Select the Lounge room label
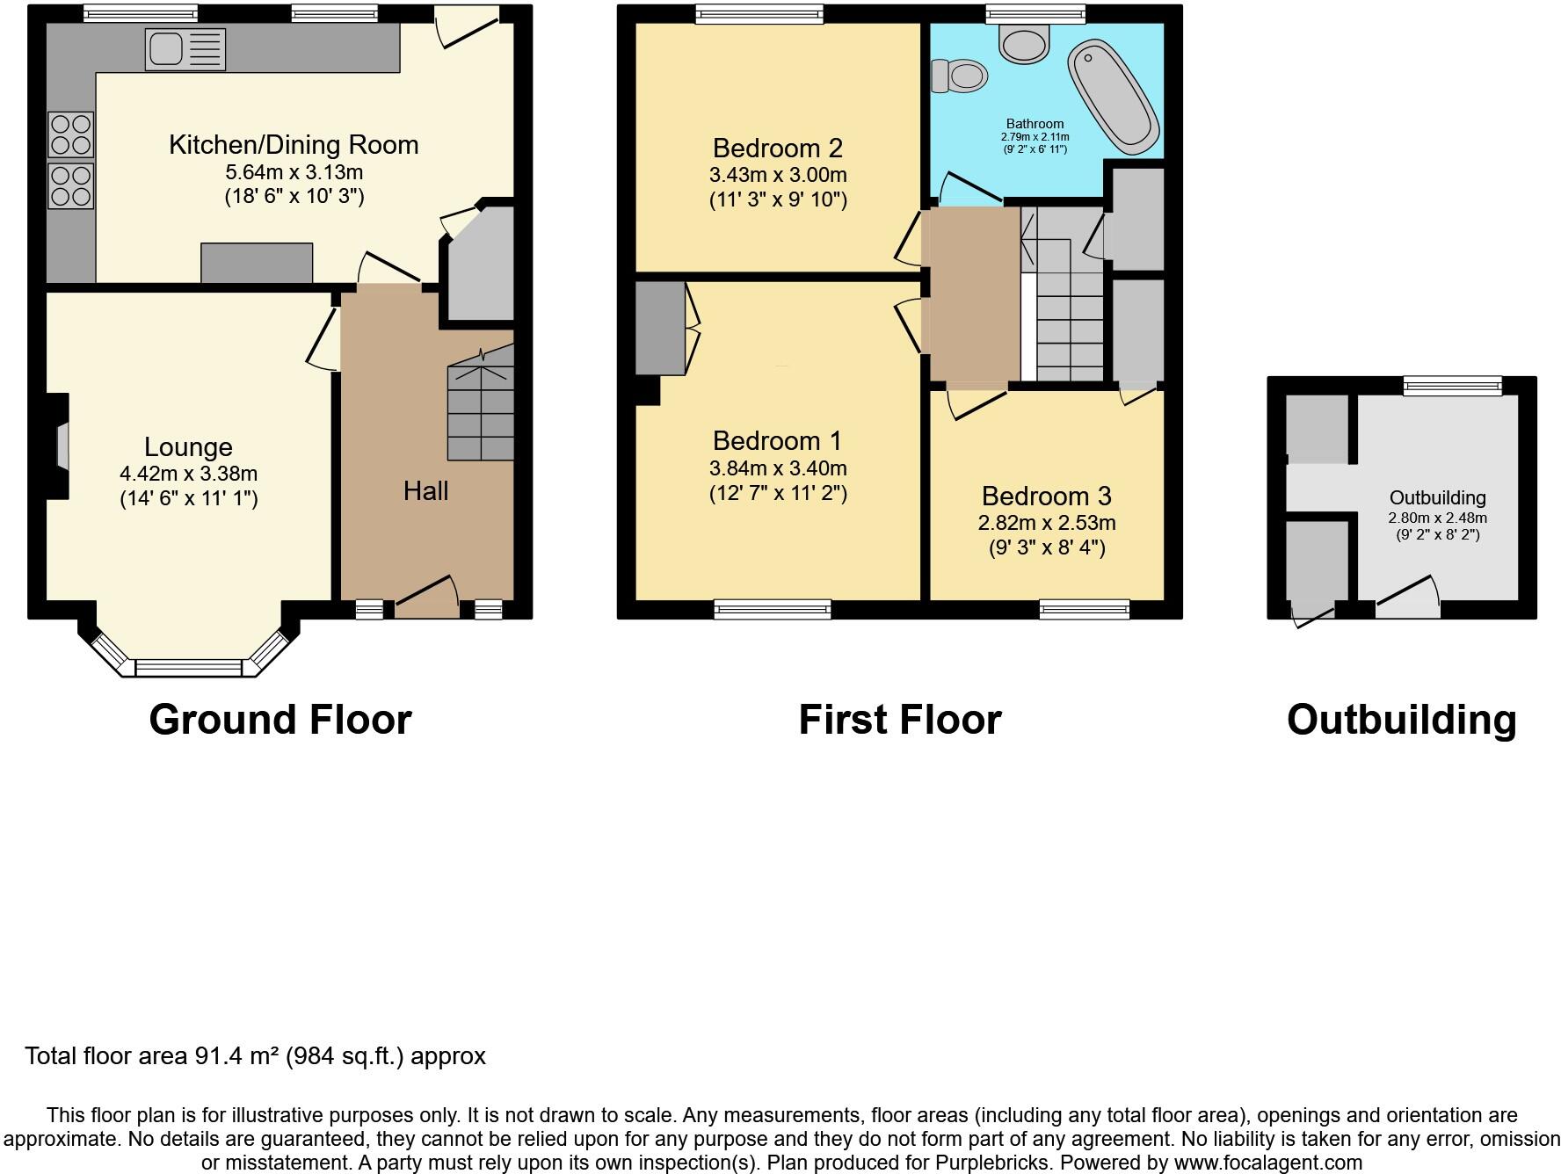[188, 447]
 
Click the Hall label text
[425, 490]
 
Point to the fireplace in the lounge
[62, 447]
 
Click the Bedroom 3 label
[1046, 496]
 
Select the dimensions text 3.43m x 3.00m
[778, 175]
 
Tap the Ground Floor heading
[280, 720]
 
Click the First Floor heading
[899, 720]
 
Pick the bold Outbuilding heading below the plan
[1401, 720]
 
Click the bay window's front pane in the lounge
[188, 670]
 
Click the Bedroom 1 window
[772, 609]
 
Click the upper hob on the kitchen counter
[70, 134]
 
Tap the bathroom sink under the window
[1025, 42]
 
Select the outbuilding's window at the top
[1452, 386]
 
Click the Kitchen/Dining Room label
[294, 145]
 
